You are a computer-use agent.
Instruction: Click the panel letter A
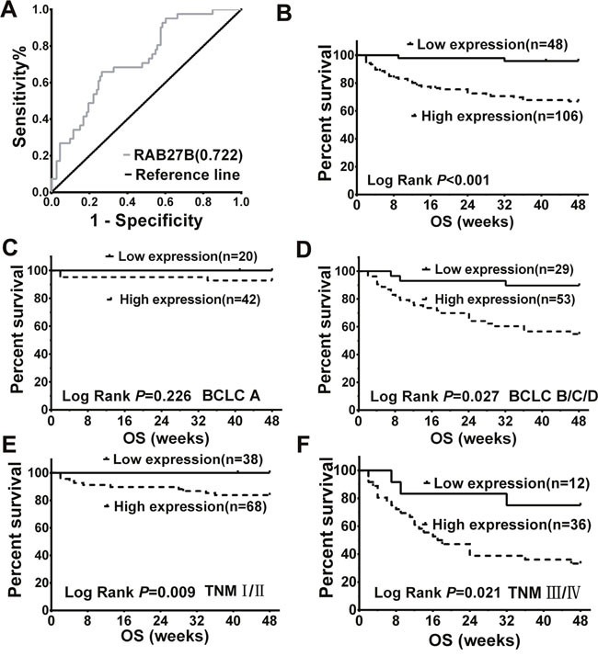(12, 13)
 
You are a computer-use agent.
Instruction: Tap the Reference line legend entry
(191, 175)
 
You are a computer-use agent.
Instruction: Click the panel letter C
(12, 249)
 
